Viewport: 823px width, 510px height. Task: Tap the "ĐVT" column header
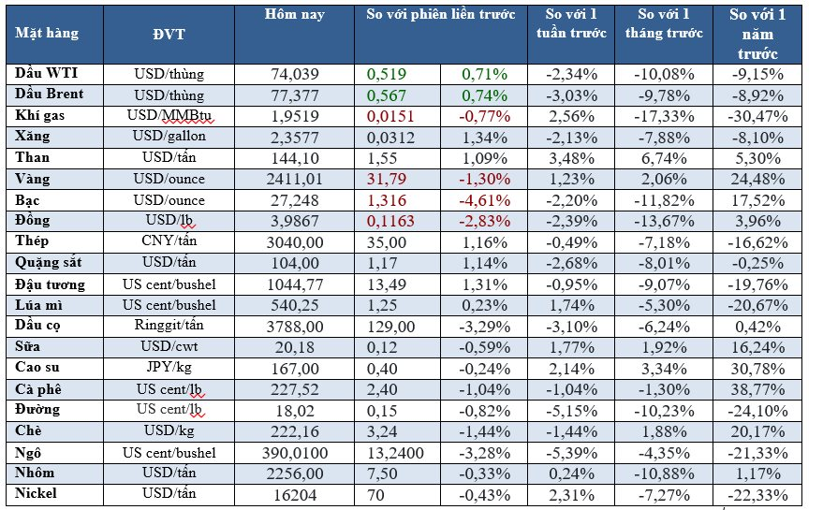(168, 34)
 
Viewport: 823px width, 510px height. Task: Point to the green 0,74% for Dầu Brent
(485, 94)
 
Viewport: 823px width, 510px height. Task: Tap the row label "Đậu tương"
(51, 284)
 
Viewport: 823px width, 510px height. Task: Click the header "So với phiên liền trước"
(441, 16)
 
